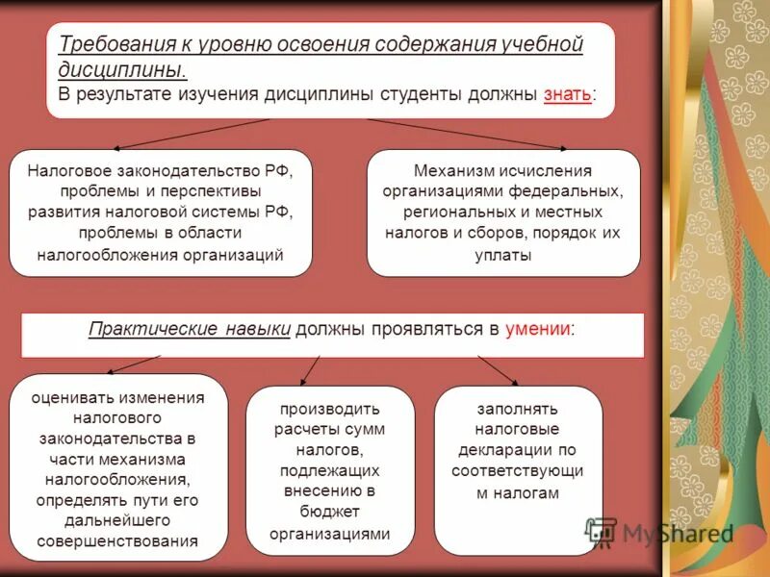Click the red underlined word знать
568,95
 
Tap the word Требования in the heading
115,45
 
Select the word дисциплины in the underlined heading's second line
122,70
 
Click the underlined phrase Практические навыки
189,329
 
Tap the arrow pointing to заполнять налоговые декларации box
498,369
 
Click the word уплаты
502,255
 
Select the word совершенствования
117,541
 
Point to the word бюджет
329,513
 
